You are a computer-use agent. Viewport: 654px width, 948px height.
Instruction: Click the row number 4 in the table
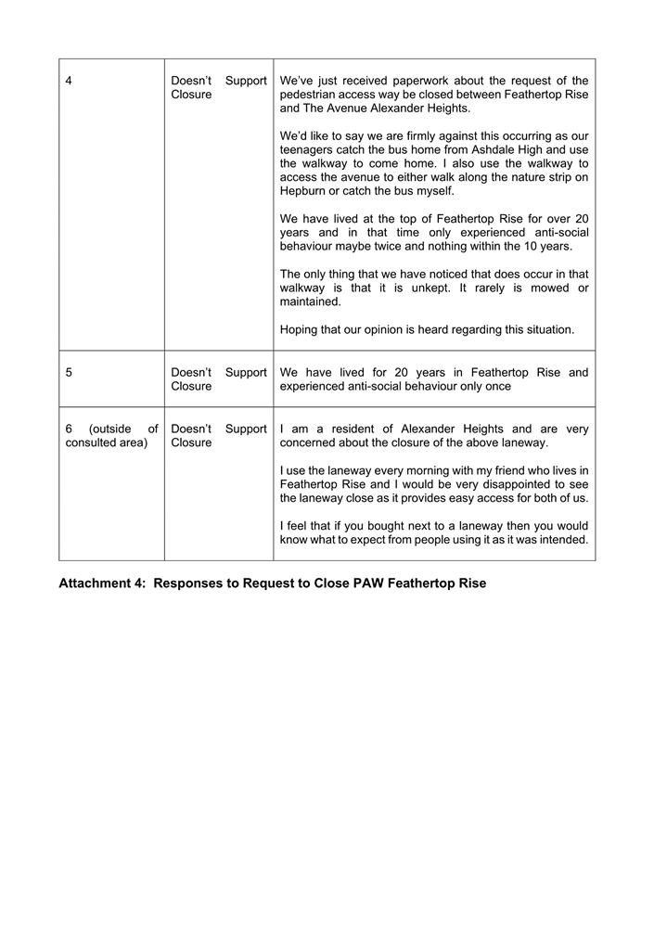(x=70, y=81)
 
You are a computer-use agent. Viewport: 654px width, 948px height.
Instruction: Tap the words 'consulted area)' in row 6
(x=107, y=442)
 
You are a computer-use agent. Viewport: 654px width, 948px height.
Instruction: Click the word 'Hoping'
(x=300, y=329)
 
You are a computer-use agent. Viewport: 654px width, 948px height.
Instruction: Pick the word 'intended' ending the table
(x=562, y=540)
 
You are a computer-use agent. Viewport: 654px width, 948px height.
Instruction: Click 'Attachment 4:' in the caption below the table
(x=102, y=583)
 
